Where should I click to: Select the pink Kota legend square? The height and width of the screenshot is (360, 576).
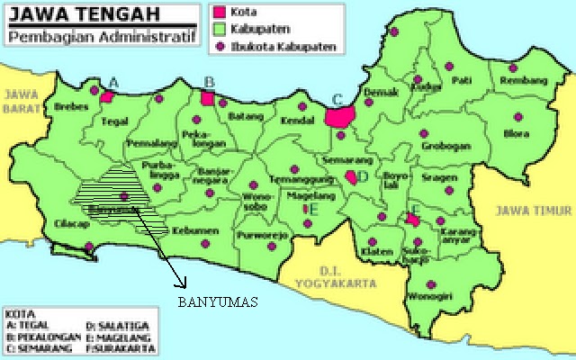pos(219,13)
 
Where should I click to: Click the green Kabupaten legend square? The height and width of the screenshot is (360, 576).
pos(219,28)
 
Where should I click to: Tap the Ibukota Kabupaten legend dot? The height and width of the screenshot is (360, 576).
pos(219,43)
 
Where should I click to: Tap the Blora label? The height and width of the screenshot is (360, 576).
pos(517,134)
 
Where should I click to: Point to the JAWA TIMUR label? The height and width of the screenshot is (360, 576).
pos(533,209)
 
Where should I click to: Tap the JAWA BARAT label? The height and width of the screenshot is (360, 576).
pos(21,100)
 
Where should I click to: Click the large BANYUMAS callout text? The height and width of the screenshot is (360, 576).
pos(216,302)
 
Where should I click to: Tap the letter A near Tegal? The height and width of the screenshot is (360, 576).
pos(113,80)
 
